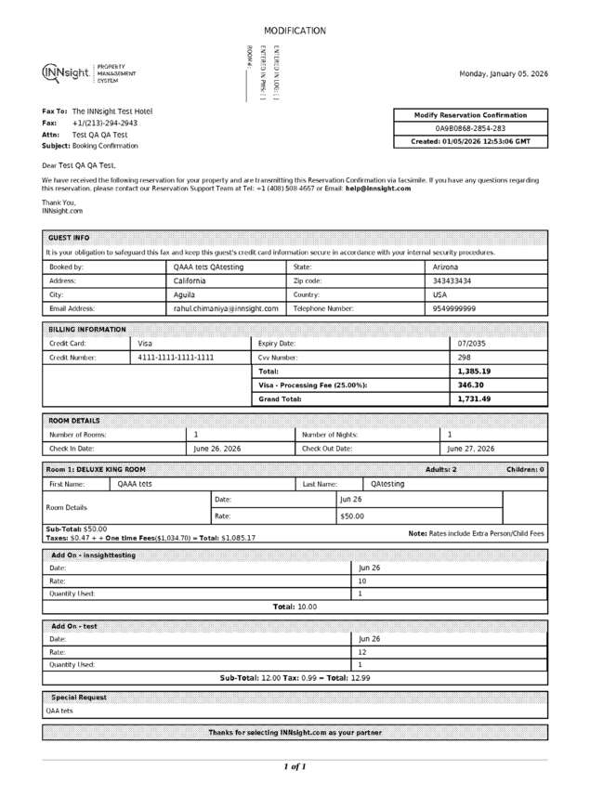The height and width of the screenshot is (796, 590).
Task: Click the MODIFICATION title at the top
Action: pos(295,31)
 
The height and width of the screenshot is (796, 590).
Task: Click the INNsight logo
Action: pos(88,73)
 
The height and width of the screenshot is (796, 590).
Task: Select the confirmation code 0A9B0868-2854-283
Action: pos(471,128)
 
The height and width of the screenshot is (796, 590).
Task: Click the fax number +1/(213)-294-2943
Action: pos(104,123)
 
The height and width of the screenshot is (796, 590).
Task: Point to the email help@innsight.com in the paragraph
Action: pos(378,189)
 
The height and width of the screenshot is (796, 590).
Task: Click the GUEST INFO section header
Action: pos(69,238)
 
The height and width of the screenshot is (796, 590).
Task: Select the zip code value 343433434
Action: pos(452,281)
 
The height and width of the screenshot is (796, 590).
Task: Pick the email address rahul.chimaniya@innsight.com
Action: pos(226,308)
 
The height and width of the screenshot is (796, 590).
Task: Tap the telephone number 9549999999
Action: pos(454,308)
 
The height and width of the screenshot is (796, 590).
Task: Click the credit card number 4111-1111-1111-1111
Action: pos(176,357)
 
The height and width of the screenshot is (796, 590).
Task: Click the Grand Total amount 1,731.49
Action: pos(474,398)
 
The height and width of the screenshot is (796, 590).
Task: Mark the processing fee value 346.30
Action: pos(471,385)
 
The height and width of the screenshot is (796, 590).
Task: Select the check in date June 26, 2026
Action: pos(216,449)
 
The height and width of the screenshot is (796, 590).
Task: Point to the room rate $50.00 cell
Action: pos(352,515)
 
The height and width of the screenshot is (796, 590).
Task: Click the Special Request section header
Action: pos(79,697)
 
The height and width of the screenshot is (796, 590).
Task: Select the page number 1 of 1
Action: pos(295,766)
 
